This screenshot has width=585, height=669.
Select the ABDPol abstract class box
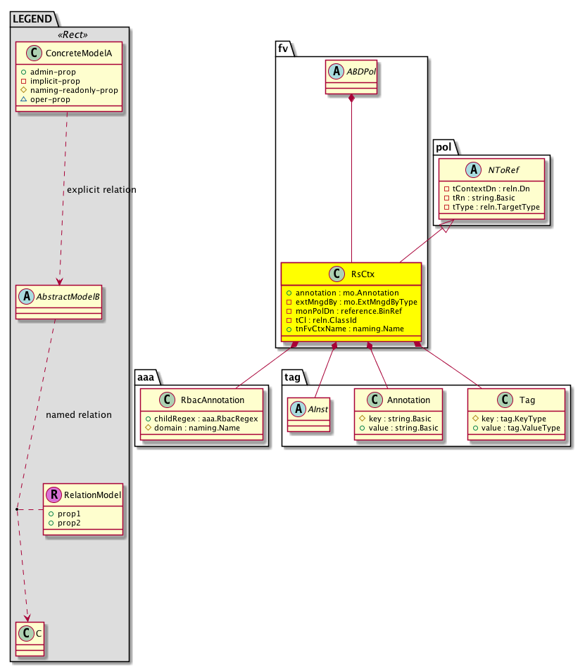coord(351,77)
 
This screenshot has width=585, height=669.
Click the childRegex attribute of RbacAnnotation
coord(201,419)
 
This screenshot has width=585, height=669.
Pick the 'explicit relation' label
coord(101,190)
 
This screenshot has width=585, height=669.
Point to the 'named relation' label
coord(78,414)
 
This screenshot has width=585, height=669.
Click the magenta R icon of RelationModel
coord(54,495)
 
